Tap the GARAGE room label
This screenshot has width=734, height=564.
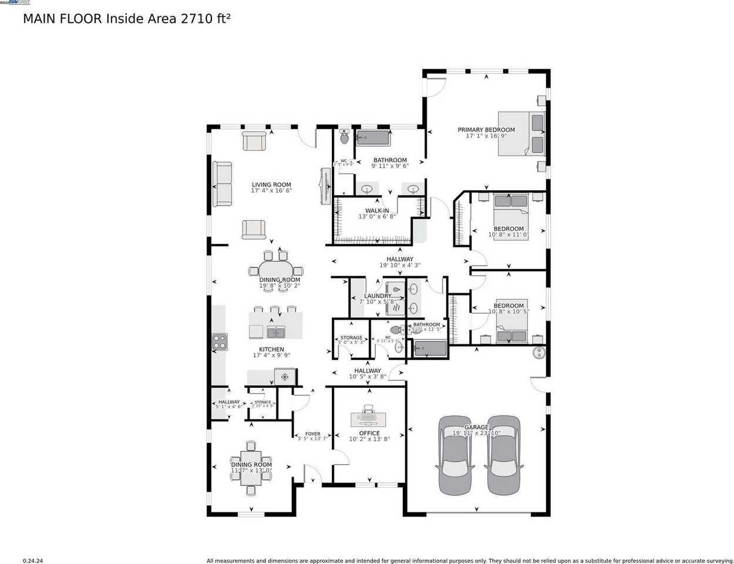476,428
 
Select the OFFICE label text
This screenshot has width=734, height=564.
369,434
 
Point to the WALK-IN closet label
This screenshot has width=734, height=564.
377,211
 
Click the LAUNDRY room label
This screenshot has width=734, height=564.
378,296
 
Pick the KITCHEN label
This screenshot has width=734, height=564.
271,350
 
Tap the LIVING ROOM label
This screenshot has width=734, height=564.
271,185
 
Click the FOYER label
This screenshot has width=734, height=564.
313,434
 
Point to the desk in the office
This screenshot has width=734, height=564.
369,419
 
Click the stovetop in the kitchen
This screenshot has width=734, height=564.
220,341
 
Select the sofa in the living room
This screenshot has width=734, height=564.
222,184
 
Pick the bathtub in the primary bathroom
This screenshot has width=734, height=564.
373,138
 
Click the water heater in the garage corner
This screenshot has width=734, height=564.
539,352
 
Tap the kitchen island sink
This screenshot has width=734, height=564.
275,332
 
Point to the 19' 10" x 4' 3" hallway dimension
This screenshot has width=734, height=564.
400,266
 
